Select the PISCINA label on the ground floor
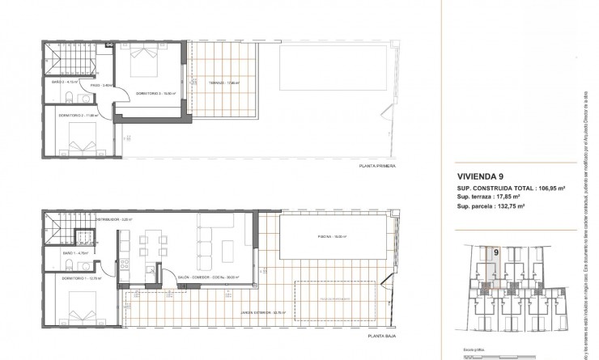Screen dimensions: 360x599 [x=318, y=237]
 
